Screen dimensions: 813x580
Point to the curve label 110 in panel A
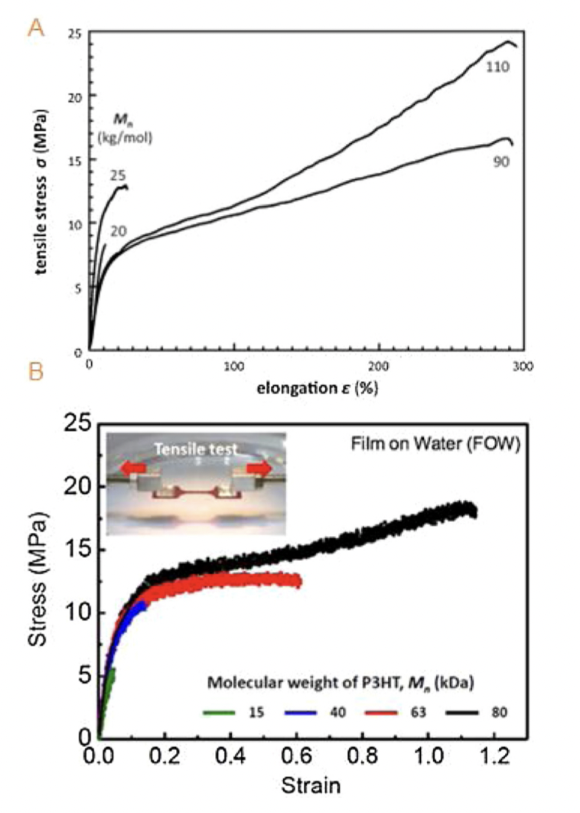(497, 68)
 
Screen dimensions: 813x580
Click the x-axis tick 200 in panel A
(380, 364)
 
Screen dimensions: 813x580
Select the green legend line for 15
(220, 712)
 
